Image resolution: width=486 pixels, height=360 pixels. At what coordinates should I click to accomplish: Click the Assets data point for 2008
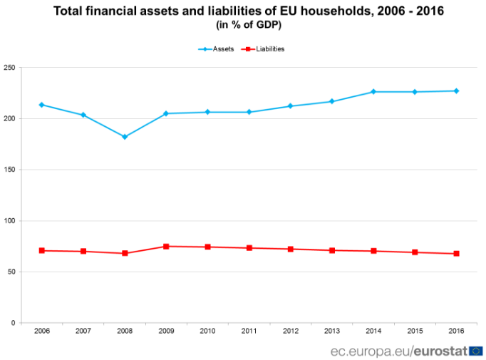[125, 137]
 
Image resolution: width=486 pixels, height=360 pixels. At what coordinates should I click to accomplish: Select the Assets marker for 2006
[42, 105]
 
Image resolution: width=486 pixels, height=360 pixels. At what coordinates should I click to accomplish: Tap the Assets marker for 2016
[456, 91]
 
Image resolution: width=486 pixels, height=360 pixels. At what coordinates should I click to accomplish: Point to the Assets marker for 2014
[373, 92]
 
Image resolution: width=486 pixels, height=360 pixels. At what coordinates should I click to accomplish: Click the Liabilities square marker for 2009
[166, 247]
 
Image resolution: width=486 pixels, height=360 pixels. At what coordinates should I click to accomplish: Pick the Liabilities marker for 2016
[456, 254]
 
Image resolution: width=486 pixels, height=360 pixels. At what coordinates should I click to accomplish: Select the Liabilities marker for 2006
[42, 251]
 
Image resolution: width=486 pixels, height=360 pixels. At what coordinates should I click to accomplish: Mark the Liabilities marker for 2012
[291, 249]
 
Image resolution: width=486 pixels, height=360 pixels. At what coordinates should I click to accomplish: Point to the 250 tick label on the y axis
[9, 68]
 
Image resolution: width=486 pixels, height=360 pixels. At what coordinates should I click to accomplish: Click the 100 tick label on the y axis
[9, 221]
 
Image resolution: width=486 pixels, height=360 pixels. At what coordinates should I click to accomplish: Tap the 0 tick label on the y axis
[13, 323]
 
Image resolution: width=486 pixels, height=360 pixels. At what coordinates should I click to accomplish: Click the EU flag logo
[475, 351]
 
